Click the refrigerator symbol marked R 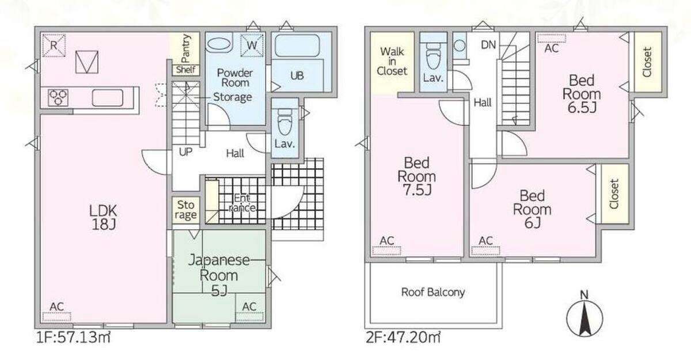(x=54, y=46)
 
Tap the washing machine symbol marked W (x=252, y=46)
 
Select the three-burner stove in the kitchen (x=58, y=97)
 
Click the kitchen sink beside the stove (x=108, y=97)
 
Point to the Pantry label (x=185, y=49)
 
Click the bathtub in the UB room (x=297, y=46)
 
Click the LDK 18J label (x=103, y=218)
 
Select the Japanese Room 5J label (x=219, y=275)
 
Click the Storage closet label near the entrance (x=185, y=210)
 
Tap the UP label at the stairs (x=185, y=151)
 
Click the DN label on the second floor (x=488, y=45)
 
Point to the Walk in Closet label (x=392, y=61)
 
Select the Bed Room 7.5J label (x=417, y=176)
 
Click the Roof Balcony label (x=433, y=292)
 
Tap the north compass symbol (x=584, y=318)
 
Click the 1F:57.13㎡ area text (x=73, y=337)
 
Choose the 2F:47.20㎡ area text (x=403, y=337)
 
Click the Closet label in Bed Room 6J (x=614, y=194)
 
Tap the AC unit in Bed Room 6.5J (x=552, y=39)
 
